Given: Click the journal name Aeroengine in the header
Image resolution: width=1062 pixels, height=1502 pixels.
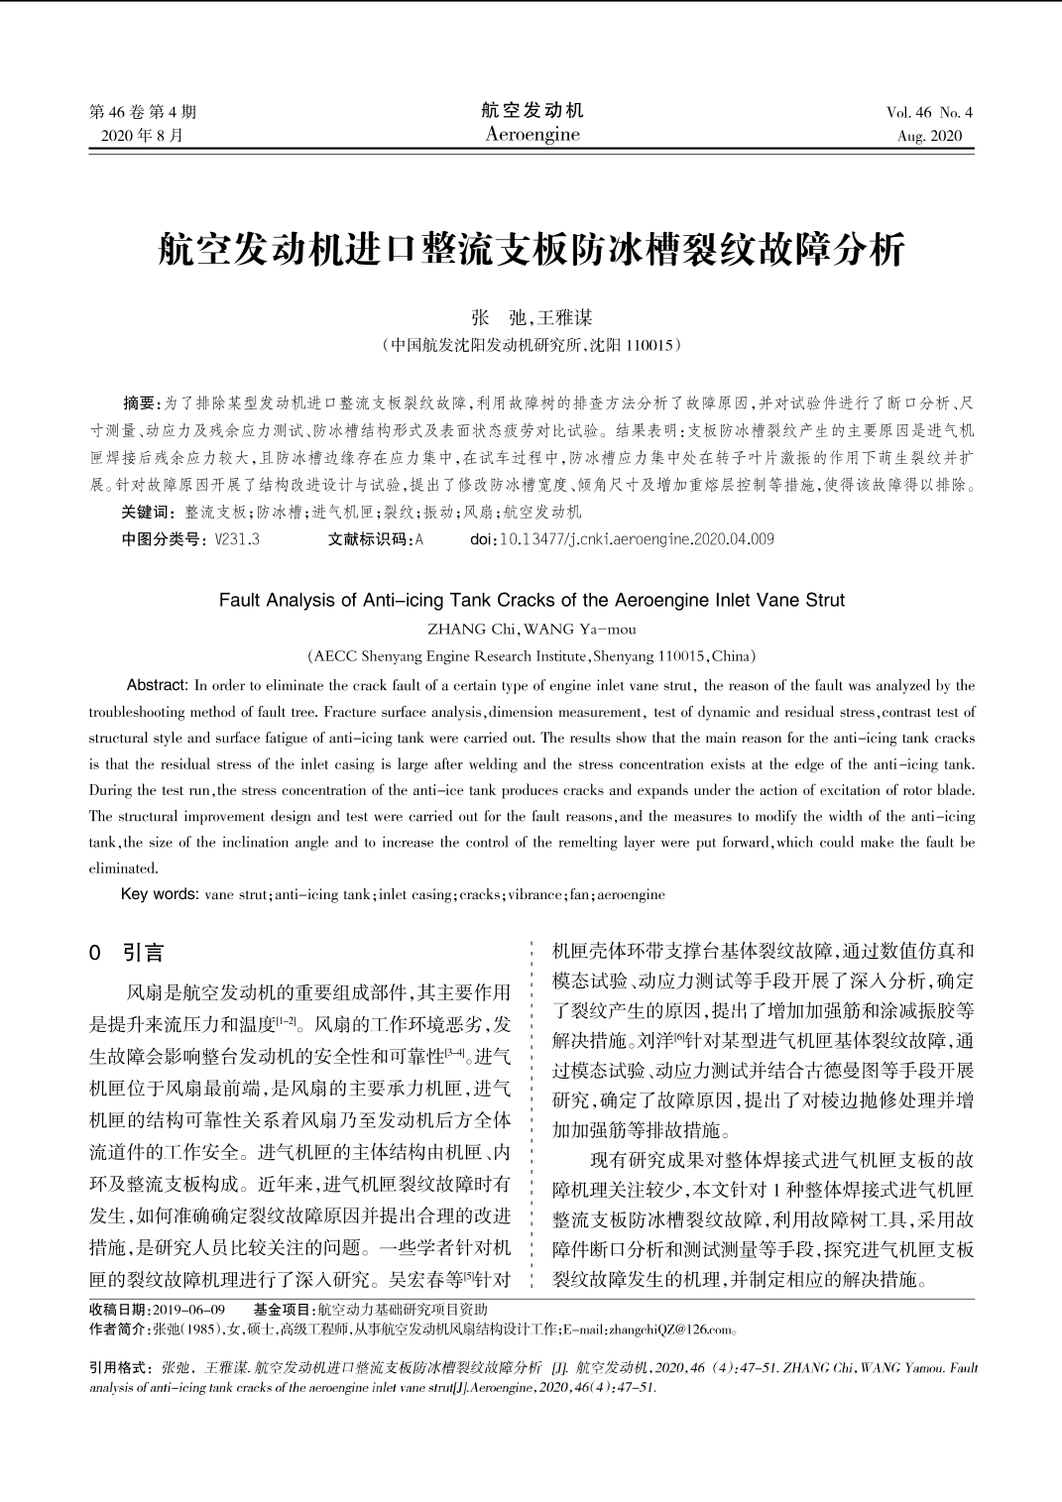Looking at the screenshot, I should (532, 135).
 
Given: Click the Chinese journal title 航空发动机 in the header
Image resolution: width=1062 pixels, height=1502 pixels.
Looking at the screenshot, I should (532, 110).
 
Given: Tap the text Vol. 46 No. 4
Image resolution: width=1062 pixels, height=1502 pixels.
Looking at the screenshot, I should (929, 112).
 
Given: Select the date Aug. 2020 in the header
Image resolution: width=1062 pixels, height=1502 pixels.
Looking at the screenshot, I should (929, 136).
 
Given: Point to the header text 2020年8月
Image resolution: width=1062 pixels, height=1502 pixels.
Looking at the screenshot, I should (143, 136).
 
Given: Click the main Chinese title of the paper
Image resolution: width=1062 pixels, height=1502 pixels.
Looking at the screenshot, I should (531, 249).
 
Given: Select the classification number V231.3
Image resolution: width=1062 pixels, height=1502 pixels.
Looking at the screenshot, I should (237, 539).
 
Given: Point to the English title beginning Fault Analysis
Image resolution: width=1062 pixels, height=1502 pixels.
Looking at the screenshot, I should (531, 600).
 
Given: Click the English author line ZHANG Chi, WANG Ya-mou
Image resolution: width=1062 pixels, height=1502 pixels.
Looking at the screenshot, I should (531, 629).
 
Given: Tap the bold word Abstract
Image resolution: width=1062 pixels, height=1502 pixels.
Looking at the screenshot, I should (157, 685).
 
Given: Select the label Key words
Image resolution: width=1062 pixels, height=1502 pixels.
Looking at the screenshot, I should (159, 894).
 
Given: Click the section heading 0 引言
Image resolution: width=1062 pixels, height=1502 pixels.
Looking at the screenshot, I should (126, 953).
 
